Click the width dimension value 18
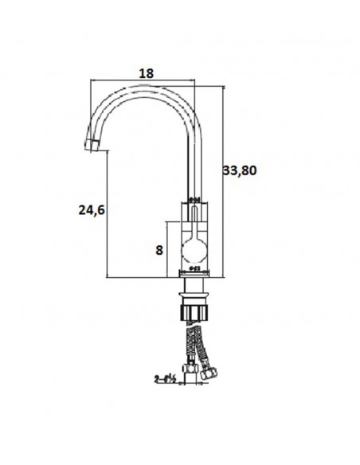click(146, 72)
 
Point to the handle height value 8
click(159, 249)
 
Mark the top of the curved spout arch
click(143, 86)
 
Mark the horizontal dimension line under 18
click(143, 80)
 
